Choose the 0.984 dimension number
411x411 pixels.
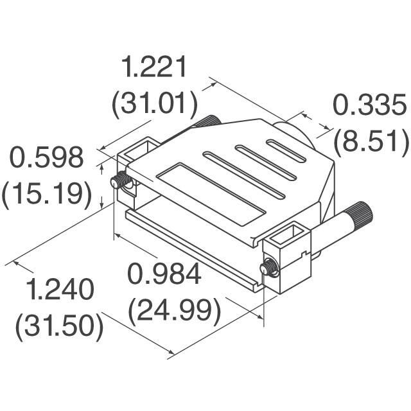(164, 275)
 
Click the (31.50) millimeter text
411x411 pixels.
(60, 327)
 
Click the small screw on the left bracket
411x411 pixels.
(118, 182)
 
